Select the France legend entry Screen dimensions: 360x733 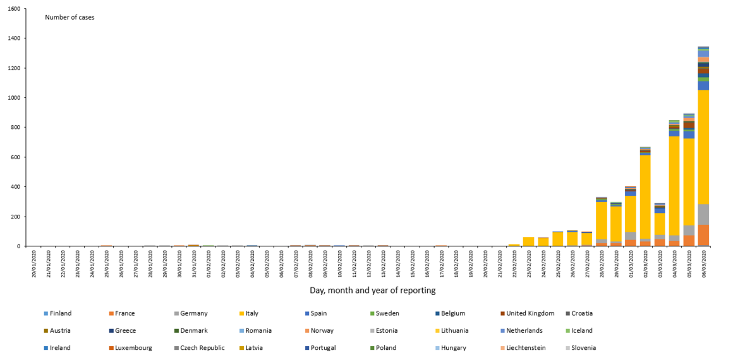[x=124, y=313]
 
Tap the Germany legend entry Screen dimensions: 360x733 [x=193, y=313]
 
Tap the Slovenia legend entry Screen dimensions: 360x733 [x=583, y=348]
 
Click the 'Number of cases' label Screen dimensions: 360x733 [x=70, y=17]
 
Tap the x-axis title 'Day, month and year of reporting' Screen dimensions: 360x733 [x=372, y=291]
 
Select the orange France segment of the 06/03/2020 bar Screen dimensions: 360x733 [x=703, y=236]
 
